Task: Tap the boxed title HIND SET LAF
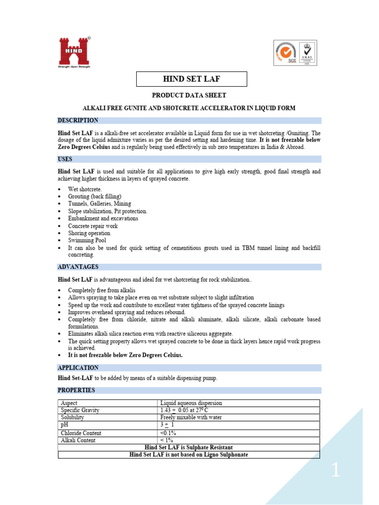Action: click(x=191, y=79)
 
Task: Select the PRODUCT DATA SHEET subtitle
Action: click(x=189, y=95)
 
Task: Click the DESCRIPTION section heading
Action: click(x=78, y=120)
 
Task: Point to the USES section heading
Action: click(x=65, y=159)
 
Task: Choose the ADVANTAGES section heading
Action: click(x=78, y=267)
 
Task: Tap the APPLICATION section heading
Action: click(x=78, y=367)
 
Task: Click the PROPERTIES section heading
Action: click(x=76, y=390)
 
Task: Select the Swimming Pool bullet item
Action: click(x=87, y=241)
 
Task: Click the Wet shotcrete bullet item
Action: click(x=85, y=189)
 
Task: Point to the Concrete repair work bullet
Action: click(x=93, y=226)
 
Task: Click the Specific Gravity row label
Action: click(x=80, y=410)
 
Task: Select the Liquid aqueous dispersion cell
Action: click(x=191, y=403)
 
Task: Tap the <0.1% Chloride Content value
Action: click(x=168, y=433)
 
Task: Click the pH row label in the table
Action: click(x=64, y=425)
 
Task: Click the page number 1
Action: click(x=336, y=471)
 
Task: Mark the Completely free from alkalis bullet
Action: click(x=102, y=290)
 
